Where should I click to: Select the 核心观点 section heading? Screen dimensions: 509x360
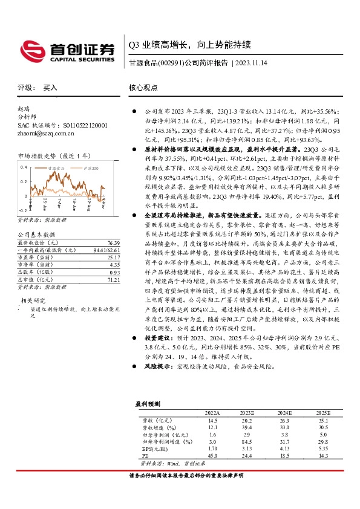(x=143, y=88)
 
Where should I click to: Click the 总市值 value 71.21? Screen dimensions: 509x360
(x=107, y=264)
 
